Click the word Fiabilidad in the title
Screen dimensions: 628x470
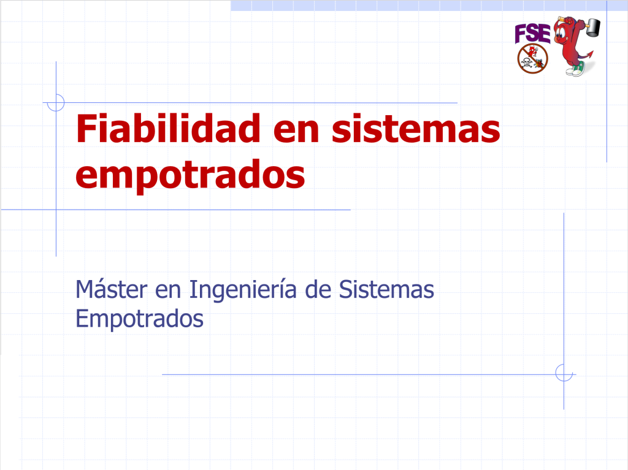168,128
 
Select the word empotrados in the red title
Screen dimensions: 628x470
190,175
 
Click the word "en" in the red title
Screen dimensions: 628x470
296,132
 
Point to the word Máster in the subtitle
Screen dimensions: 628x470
112,289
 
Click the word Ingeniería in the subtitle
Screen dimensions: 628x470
243,289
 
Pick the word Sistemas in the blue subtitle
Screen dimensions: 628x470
386,289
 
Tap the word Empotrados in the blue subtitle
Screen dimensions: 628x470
139,319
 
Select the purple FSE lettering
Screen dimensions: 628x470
532,33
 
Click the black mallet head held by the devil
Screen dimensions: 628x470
593,27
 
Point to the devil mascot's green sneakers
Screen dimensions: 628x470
575,69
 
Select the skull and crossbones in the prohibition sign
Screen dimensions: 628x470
527,63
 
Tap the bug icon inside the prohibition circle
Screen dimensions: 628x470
539,63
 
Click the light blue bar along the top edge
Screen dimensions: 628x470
429,6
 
